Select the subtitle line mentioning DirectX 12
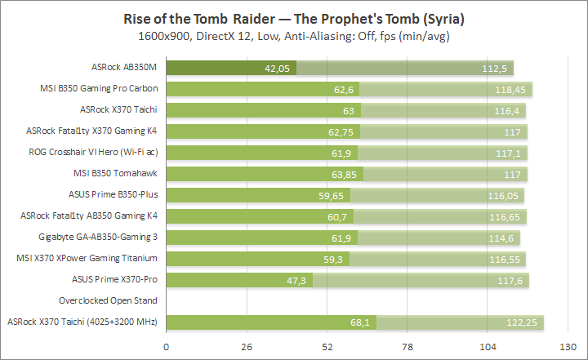pos(293,36)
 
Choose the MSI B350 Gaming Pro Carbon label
pos(99,89)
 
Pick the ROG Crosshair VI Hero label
pos(94,153)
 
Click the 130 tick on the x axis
pos(567,347)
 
